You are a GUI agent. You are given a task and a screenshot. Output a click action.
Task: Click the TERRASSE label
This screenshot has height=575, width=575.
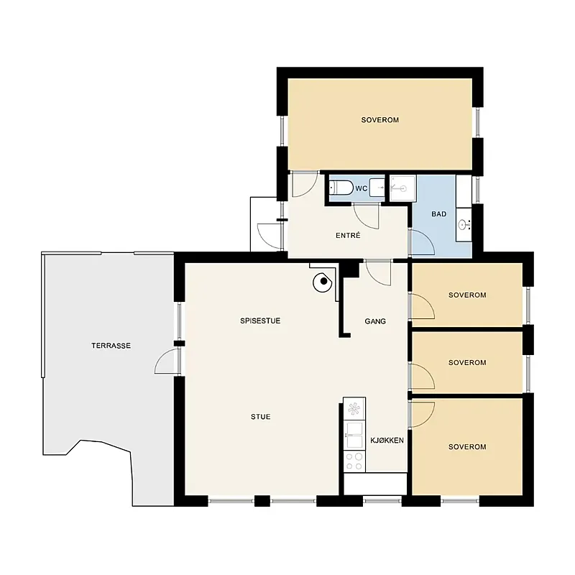click(111, 346)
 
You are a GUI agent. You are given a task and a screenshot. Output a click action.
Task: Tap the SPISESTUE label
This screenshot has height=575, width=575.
click(260, 321)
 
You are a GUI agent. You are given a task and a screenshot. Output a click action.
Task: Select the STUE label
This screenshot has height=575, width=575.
click(261, 417)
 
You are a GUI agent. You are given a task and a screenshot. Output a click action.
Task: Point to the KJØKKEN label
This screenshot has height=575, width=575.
click(387, 441)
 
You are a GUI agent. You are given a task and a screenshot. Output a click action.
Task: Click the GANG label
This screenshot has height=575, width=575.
click(375, 321)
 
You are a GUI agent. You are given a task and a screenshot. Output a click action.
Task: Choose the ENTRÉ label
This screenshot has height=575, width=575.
click(348, 236)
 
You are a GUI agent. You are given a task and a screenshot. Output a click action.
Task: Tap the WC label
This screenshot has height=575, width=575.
click(362, 189)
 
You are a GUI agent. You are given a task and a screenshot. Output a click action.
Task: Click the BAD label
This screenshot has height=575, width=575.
click(439, 213)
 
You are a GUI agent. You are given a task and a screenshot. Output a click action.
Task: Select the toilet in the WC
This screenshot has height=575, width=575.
click(341, 188)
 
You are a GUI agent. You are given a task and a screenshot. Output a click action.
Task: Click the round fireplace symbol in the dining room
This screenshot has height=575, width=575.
click(322, 282)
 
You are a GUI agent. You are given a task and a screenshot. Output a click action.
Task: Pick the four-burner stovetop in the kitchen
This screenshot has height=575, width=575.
click(354, 461)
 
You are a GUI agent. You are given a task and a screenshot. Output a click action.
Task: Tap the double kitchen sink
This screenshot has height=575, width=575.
click(354, 436)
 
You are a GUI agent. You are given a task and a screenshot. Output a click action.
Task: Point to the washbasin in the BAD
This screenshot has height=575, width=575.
click(464, 224)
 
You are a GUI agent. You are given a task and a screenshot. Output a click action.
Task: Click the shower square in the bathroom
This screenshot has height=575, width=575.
click(403, 188)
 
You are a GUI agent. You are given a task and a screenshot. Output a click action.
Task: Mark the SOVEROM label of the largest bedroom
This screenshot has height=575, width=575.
click(380, 120)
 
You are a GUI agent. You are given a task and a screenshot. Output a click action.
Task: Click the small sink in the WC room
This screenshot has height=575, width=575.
click(377, 188)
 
